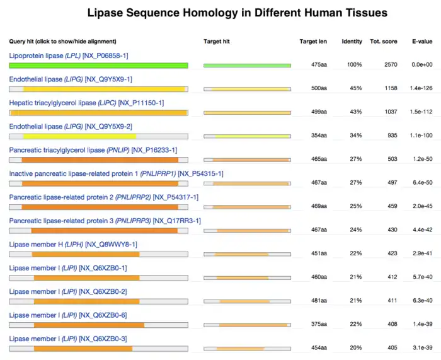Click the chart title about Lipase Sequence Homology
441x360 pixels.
(237, 13)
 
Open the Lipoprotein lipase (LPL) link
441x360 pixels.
(69, 55)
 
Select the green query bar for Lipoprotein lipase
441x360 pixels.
(98, 66)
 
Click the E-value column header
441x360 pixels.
(421, 42)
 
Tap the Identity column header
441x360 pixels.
(352, 42)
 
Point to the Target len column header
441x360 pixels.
(313, 42)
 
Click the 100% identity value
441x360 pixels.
(354, 65)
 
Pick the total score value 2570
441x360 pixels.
(391, 65)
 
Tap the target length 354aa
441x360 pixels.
(319, 135)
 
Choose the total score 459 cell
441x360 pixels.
(392, 206)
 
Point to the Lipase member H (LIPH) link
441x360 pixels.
(73, 244)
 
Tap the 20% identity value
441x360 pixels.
(355, 347)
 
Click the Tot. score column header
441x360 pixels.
(384, 42)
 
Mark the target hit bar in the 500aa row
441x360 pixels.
(247, 89)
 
